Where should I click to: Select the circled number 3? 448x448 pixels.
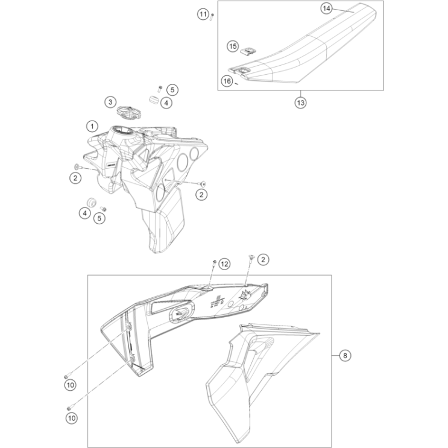(110, 102)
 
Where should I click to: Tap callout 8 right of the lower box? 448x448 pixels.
(344, 356)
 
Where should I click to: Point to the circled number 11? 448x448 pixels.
(203, 14)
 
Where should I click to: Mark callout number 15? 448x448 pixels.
(233, 46)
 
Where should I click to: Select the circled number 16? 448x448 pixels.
(226, 81)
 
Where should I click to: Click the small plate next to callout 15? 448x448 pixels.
(246, 52)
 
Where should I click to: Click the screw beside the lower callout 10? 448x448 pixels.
(69, 407)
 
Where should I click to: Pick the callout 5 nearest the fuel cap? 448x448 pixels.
(172, 90)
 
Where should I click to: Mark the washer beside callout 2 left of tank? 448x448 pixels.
(77, 165)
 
